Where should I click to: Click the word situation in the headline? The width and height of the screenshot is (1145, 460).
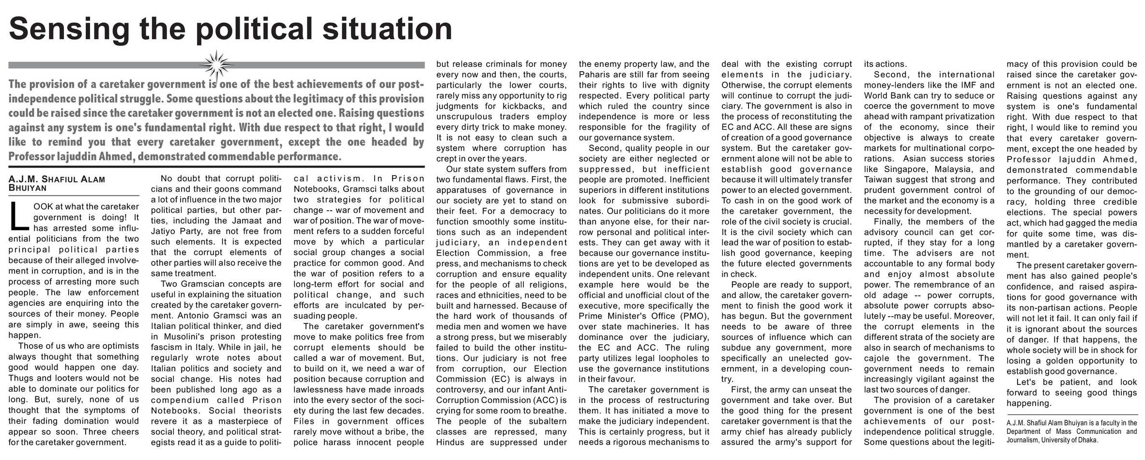tap(387, 29)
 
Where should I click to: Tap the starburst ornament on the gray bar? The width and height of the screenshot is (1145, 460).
tap(216, 64)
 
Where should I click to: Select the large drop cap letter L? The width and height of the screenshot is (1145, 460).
tap(18, 216)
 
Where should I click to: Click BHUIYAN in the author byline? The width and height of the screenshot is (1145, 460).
tap(28, 188)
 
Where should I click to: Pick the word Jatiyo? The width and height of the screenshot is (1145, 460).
tap(165, 231)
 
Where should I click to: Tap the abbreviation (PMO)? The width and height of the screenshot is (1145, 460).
tap(695, 316)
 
